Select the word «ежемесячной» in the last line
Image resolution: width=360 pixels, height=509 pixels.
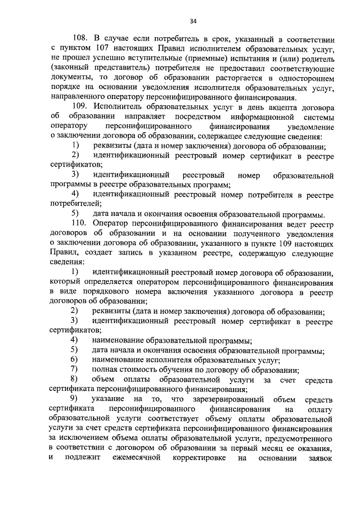tap(145, 457)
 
